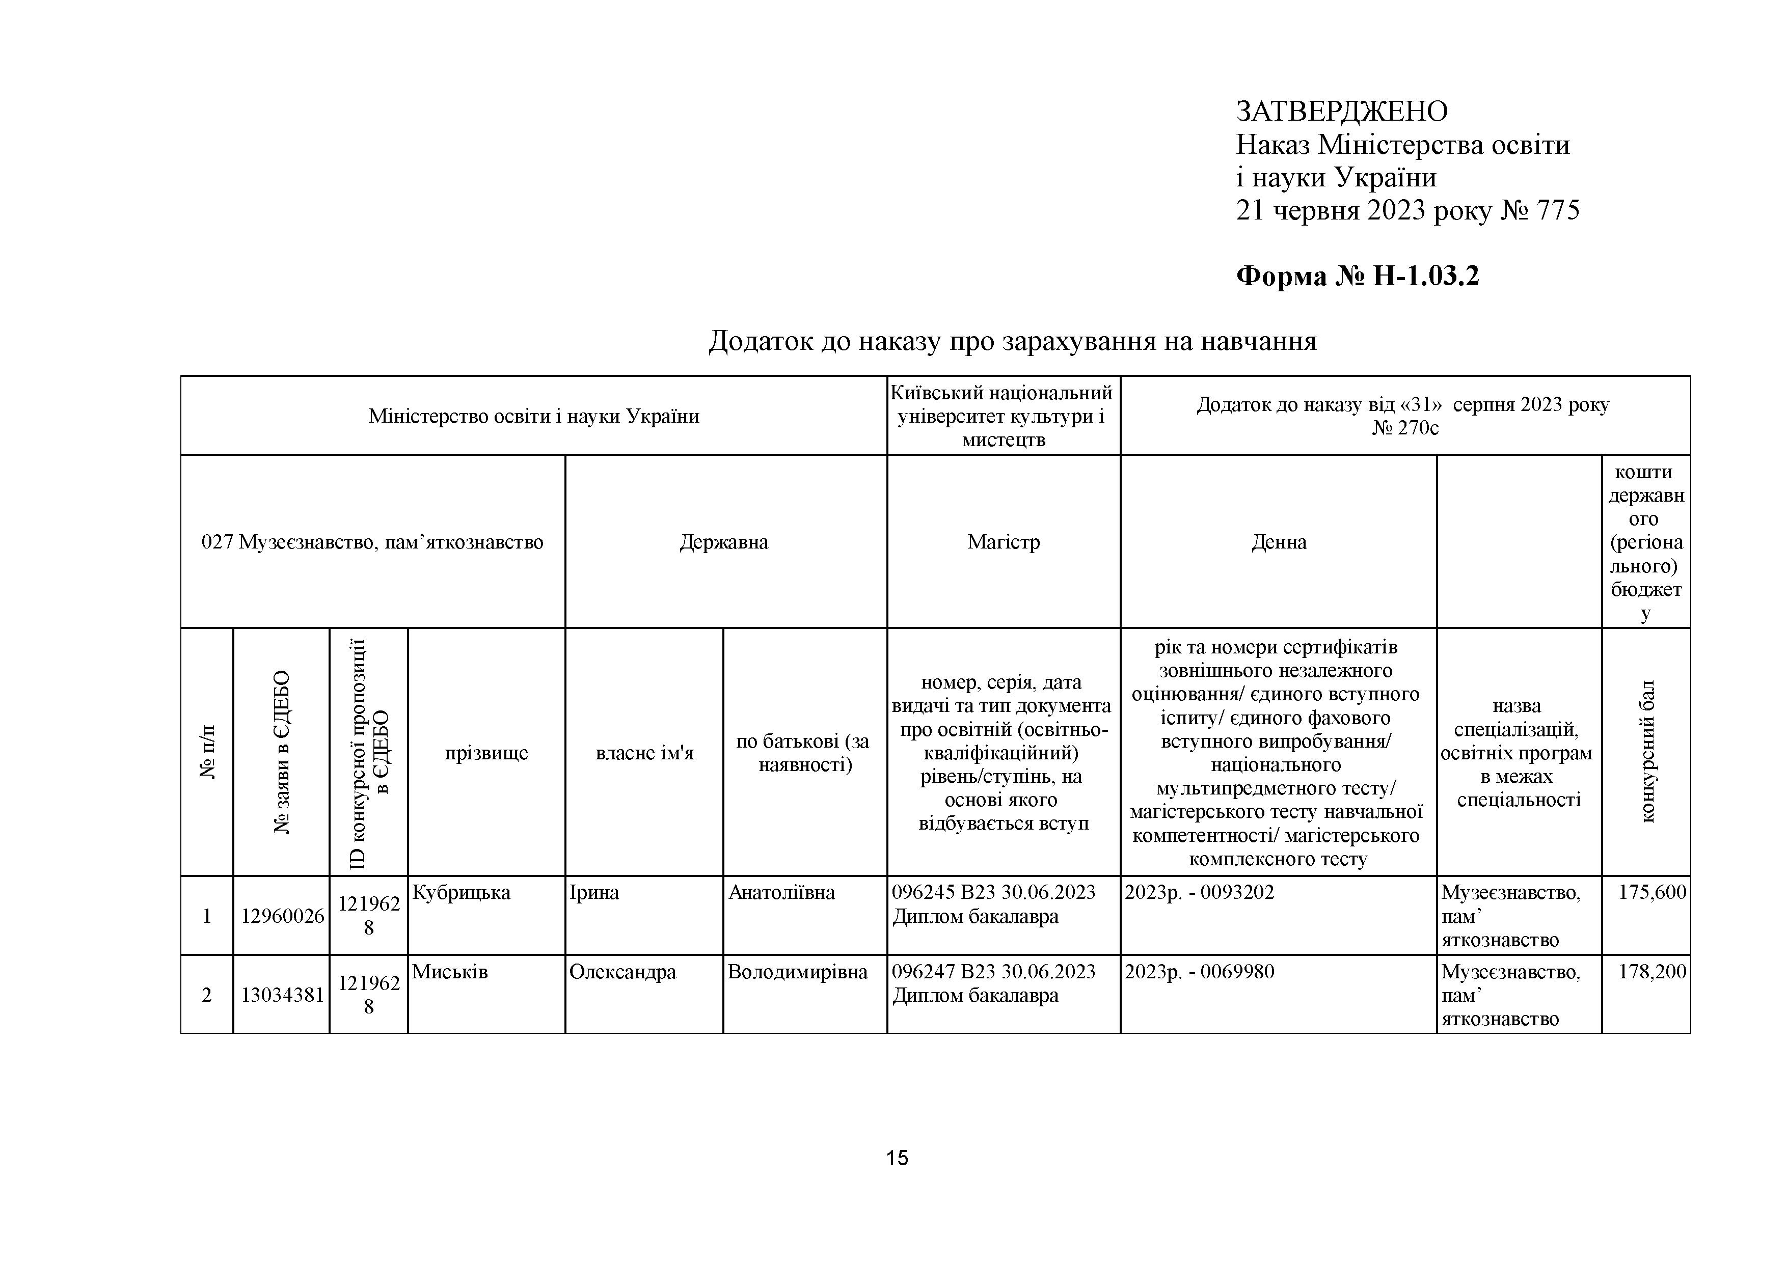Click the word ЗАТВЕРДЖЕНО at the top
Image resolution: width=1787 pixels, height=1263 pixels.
tap(1341, 112)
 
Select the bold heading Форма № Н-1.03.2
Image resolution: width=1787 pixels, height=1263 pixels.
tap(1358, 276)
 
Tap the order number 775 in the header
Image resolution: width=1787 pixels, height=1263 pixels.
tap(1557, 211)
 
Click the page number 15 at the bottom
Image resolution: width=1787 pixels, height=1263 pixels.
tap(897, 1158)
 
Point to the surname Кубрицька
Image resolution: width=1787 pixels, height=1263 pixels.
tap(461, 893)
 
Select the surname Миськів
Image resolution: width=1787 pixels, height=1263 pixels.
tap(450, 972)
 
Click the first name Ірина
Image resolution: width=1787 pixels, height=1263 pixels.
tap(594, 893)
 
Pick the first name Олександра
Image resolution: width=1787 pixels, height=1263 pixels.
tap(622, 972)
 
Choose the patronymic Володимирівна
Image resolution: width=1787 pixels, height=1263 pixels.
tap(797, 972)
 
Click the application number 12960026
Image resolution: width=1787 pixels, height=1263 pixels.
tap(282, 916)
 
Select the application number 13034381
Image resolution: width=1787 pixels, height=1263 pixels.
tap(282, 995)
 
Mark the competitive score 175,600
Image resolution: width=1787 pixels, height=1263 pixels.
tap(1651, 893)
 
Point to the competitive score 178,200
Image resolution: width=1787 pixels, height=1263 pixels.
tap(1651, 972)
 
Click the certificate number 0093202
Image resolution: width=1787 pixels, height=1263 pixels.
tap(1237, 893)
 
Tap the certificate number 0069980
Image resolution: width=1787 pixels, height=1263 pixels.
tap(1237, 972)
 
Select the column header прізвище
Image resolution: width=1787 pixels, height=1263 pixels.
tap(486, 753)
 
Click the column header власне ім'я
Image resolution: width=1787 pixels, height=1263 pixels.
tap(644, 753)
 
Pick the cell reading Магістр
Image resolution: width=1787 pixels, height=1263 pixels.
tap(1003, 542)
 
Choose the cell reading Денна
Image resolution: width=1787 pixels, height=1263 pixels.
tap(1279, 542)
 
